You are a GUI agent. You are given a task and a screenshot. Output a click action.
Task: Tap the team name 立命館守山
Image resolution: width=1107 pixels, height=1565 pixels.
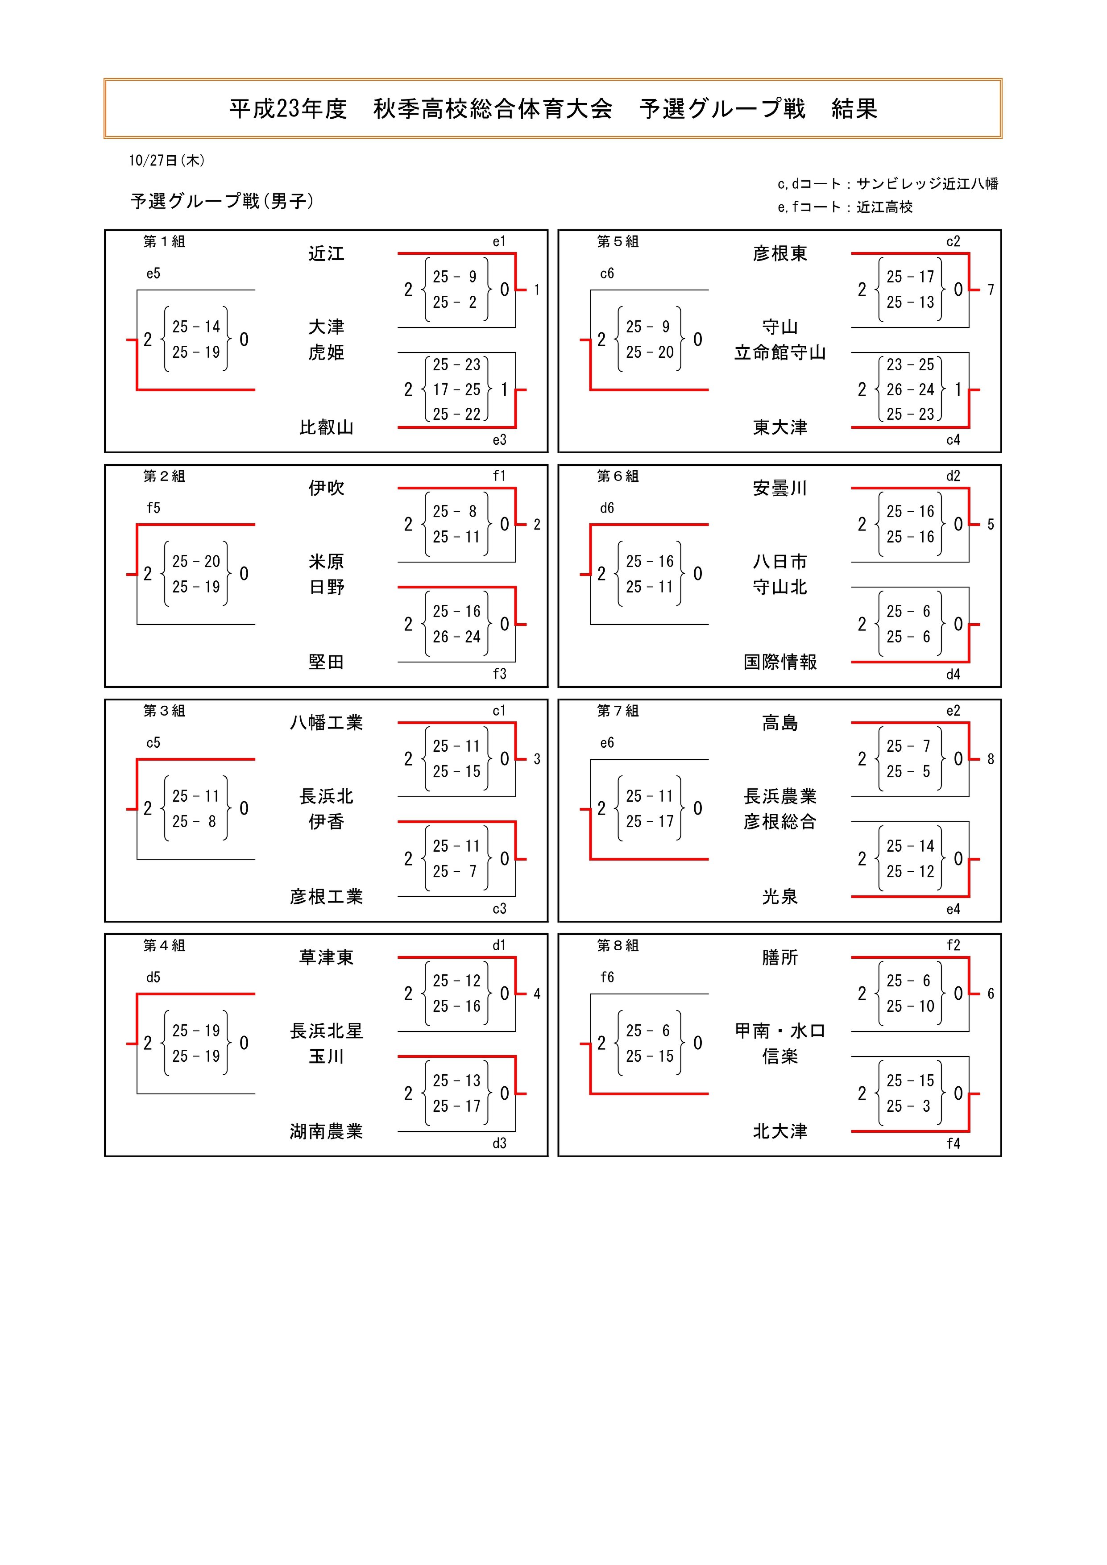click(x=780, y=352)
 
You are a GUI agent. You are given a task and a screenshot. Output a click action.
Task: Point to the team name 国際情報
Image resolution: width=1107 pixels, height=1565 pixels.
click(x=780, y=662)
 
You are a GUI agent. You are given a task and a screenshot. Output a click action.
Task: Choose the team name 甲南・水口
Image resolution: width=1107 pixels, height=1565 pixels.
click(x=780, y=1031)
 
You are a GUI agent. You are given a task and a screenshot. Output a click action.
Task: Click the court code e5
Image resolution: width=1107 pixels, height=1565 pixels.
click(x=153, y=273)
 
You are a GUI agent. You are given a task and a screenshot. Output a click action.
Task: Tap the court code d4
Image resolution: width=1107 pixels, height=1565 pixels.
click(x=953, y=674)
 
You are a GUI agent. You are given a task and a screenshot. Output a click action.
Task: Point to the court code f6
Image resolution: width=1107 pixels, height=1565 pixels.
click(x=607, y=977)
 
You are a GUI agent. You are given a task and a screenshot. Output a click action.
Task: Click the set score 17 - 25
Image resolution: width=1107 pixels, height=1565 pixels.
click(x=457, y=389)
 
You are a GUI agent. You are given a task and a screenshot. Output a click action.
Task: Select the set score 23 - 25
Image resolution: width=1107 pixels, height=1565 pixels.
click(x=910, y=364)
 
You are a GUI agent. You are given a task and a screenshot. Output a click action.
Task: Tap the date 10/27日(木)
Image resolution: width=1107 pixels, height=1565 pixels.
click(x=166, y=160)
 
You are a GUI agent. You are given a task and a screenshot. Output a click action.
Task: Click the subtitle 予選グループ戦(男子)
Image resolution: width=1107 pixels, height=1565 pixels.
click(x=222, y=201)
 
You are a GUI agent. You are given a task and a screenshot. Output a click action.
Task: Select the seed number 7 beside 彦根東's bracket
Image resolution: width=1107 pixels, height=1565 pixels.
click(x=991, y=290)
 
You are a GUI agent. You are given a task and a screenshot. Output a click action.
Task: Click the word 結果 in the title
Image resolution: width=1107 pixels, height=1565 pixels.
click(x=854, y=109)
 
